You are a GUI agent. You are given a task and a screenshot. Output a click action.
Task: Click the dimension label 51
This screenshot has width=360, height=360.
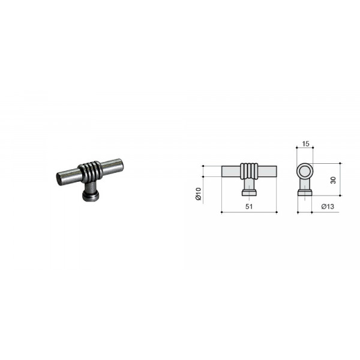[249, 206]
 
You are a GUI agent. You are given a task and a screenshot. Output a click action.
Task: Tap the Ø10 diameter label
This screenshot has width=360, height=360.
[199, 194]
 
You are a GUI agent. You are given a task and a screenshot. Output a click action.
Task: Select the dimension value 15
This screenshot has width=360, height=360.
[305, 144]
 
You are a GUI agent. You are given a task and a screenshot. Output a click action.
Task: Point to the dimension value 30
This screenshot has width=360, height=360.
[333, 180]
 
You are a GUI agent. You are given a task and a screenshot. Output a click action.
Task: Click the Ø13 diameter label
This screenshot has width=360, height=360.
[328, 206]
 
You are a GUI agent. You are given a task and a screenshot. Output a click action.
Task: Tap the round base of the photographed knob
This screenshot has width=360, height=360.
[91, 196]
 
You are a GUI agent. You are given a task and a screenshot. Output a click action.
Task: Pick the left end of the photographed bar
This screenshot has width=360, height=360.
[59, 179]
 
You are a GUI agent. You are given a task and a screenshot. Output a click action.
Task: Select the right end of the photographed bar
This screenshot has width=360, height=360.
[121, 164]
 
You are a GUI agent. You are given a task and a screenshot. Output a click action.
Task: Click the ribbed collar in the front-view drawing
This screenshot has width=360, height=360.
[249, 171]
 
